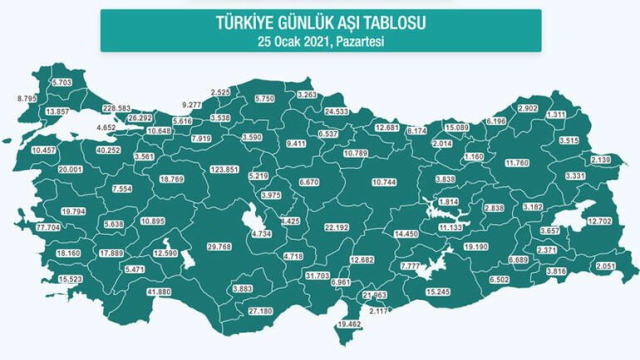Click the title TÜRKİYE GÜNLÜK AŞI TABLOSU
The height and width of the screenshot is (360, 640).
tap(320, 23)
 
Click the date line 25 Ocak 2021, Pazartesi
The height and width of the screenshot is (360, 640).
tap(320, 41)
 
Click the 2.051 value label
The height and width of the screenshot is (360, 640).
tap(606, 266)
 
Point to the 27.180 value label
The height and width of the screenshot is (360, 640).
tap(261, 311)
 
